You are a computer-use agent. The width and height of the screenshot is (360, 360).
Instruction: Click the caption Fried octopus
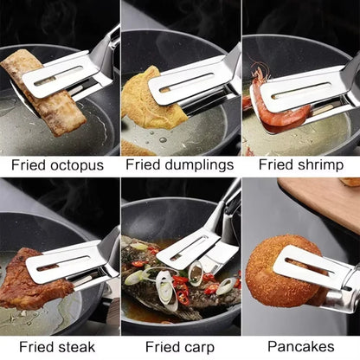coord(57,164)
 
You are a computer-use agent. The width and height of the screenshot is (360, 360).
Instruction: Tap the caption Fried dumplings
coord(178,164)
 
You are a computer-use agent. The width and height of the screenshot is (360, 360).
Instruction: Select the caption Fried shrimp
coord(300,164)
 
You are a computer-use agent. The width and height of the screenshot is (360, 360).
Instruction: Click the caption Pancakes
coord(300,346)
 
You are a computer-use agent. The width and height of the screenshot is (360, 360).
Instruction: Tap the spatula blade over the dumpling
coord(186,83)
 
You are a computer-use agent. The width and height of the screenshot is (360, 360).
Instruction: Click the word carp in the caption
coord(198,346)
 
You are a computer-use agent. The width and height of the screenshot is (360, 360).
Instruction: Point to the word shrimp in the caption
coord(318,164)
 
